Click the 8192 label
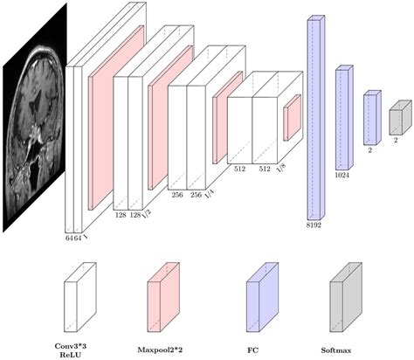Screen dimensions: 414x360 314,225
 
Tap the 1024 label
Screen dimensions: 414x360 342,175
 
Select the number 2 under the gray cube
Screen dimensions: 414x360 396,140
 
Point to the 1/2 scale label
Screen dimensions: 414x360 147,214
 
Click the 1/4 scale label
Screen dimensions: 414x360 209,194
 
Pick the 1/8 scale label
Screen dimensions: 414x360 281,168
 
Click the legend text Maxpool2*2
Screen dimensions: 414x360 160,350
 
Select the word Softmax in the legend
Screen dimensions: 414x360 336,350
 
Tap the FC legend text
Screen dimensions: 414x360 252,350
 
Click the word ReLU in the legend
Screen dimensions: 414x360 71,355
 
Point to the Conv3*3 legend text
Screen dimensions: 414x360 71,346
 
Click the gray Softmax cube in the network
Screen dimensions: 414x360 401,117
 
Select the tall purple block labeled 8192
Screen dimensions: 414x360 316,117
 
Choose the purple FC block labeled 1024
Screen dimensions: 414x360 344,117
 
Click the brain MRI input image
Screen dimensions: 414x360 35,118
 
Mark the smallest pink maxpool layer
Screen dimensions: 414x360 293,117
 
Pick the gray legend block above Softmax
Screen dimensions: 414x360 346,297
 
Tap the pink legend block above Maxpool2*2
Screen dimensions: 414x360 163,297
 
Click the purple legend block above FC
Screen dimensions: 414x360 262,297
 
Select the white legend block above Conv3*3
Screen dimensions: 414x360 80,297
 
